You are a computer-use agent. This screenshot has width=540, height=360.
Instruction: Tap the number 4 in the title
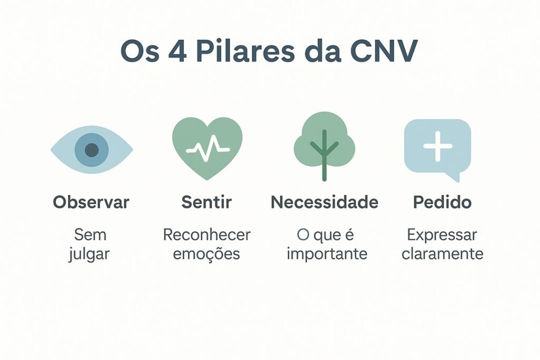[172, 52]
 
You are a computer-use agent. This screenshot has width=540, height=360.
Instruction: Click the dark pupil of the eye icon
[92, 150]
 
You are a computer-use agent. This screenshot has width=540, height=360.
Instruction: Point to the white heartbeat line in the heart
[207, 148]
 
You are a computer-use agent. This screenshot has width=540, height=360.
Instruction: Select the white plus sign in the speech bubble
[438, 146]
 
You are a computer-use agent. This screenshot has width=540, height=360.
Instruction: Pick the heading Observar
[91, 202]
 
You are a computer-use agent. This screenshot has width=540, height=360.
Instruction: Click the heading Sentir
[207, 202]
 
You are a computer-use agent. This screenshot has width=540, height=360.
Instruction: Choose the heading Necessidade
[324, 202]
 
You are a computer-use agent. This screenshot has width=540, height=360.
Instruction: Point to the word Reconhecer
[207, 235]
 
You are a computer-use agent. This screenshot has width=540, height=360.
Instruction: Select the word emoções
[207, 254]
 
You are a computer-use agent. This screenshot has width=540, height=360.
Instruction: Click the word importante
[327, 254]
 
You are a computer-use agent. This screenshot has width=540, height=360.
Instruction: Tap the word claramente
[442, 254]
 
